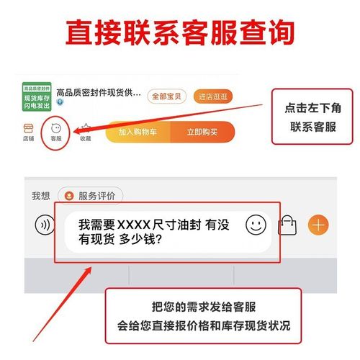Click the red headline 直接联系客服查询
coord(180,33)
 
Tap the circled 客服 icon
coord(55,130)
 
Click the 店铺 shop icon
coord(29,130)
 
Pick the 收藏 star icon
coord(85,130)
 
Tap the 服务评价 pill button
coord(91,195)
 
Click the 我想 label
coord(40,196)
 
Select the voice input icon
coord(45,225)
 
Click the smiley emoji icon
coord(256,225)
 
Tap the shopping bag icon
coord(288,225)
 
